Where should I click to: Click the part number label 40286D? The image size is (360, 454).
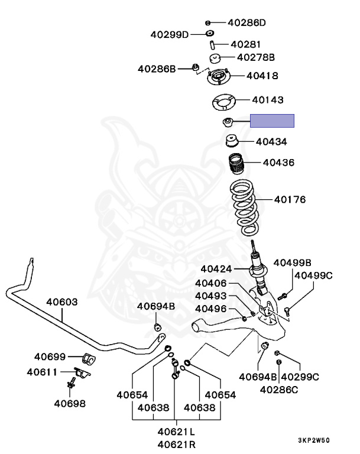coord(247,23)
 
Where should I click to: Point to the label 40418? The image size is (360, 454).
coord(262,76)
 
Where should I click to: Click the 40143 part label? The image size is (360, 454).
coord(267,101)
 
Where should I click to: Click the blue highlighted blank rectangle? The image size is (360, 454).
coord(272,122)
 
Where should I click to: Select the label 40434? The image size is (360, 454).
coord(271,142)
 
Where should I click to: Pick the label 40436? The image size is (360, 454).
coord(278,162)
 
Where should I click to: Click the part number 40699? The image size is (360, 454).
coord(50,356)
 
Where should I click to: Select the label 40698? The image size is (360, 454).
coord(69,404)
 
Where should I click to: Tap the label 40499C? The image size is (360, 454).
coord(313,275)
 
